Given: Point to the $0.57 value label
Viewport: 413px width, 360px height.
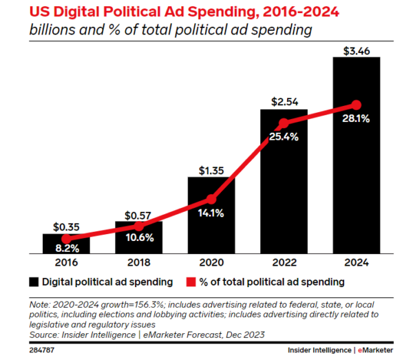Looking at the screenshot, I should pyautogui.click(x=138, y=214).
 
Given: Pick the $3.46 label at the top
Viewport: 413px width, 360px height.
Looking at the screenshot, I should pyautogui.click(x=356, y=49).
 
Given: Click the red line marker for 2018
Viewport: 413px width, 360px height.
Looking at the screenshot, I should pyautogui.click(x=138, y=226).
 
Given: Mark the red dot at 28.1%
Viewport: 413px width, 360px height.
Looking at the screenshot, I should pyautogui.click(x=356, y=105).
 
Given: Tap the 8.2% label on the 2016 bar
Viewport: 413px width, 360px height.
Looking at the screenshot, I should pyautogui.click(x=66, y=246).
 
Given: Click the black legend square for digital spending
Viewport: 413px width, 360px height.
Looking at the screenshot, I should pyautogui.click(x=33, y=282).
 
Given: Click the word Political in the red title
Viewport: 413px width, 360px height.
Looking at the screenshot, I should pyautogui.click(x=112, y=11).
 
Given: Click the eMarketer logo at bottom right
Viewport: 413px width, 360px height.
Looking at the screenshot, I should pyautogui.click(x=381, y=350).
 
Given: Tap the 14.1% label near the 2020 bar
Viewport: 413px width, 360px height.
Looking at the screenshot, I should pyautogui.click(x=211, y=213).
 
